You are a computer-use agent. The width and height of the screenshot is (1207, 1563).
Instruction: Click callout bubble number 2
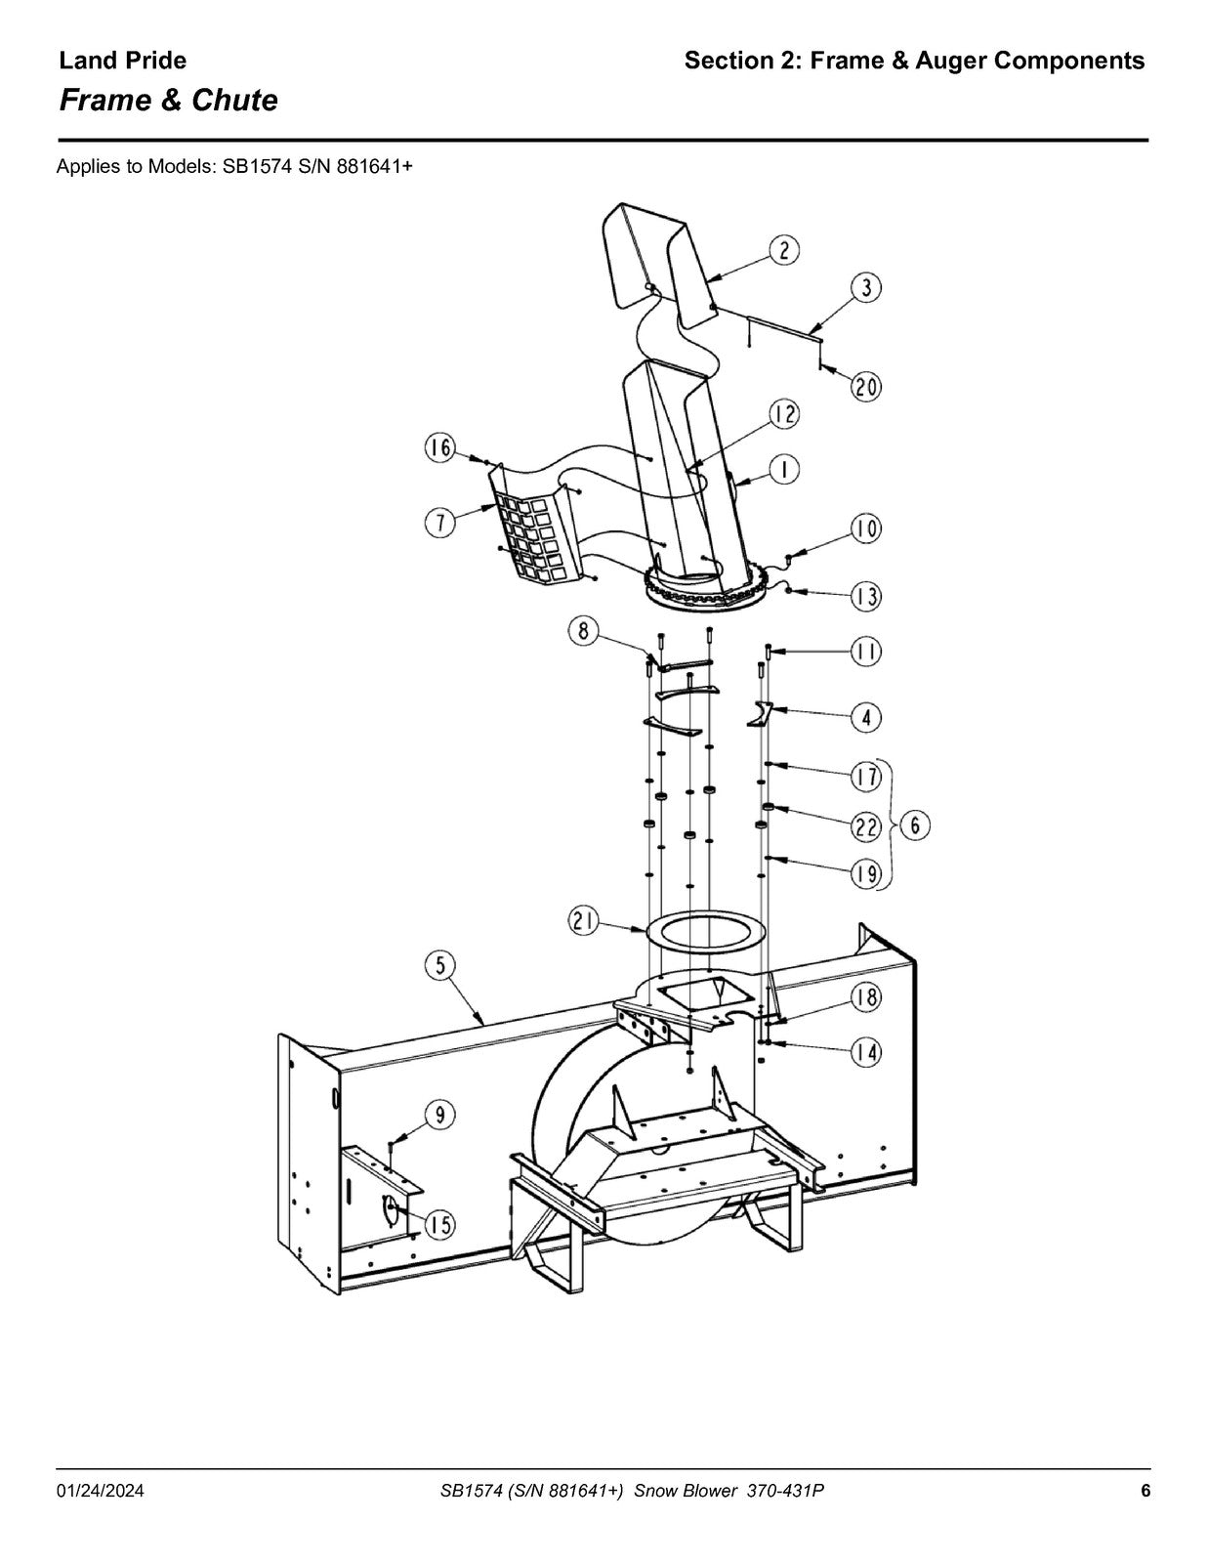pos(784,250)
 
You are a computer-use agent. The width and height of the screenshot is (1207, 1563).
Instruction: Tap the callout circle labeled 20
pos(866,387)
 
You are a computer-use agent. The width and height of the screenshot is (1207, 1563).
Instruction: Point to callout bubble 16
pos(440,448)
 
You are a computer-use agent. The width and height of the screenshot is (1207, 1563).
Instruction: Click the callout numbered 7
pos(440,522)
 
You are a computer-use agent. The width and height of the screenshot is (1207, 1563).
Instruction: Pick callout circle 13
pos(866,596)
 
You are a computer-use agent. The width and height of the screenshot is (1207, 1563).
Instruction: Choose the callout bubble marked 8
pos(584,631)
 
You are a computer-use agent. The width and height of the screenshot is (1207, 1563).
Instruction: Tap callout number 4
pos(866,718)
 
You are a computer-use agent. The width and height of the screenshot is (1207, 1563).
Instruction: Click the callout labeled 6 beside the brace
pos(915,825)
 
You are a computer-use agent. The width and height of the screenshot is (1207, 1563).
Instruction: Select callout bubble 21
pos(584,920)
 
